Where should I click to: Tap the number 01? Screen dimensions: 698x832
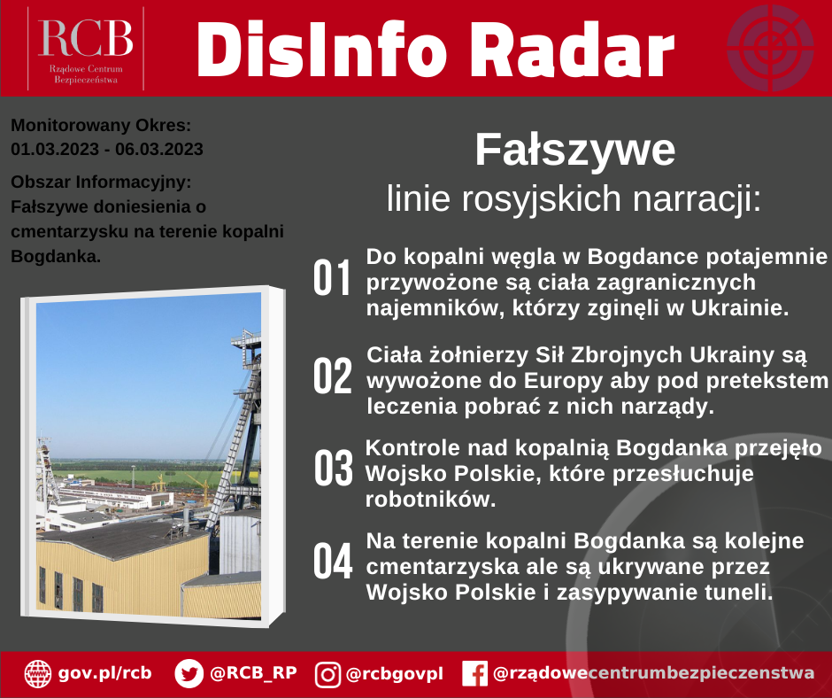[334, 279]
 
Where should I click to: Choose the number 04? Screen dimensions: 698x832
[334, 563]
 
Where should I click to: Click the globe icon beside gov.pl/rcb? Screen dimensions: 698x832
[38, 674]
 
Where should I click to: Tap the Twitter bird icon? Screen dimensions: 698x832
[189, 674]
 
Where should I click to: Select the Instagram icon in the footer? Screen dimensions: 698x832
[328, 674]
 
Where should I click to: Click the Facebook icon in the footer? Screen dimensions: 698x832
[474, 674]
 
